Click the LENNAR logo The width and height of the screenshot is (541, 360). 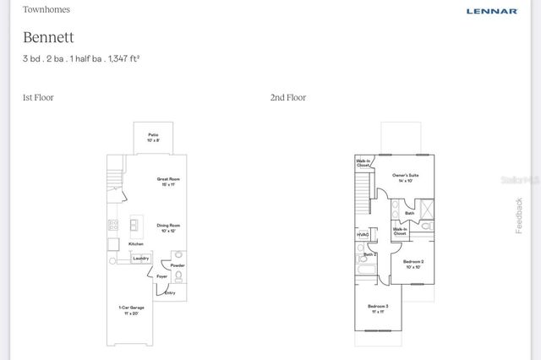491,11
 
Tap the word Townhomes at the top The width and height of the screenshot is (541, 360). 46,10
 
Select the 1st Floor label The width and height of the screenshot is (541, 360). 38,97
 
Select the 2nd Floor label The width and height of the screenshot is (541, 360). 287,97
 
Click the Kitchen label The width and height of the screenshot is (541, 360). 136,244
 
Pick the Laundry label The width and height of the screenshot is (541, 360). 141,259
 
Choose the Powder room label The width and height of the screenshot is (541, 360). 178,265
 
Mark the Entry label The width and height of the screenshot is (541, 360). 170,292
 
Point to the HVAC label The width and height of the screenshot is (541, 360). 363,235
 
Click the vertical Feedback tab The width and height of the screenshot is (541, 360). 519,216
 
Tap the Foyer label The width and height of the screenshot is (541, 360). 162,275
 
